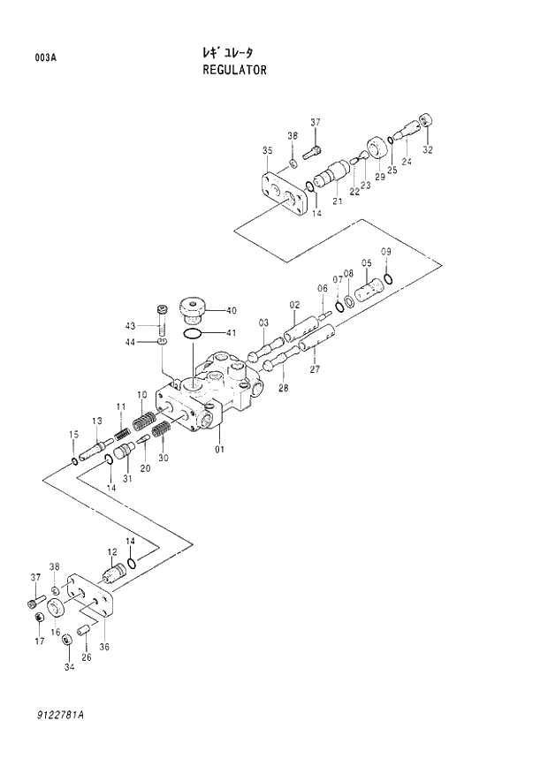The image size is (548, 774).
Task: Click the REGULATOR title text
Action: (x=234, y=70)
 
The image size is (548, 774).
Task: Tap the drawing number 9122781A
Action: (x=67, y=714)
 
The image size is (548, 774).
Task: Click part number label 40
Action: (x=231, y=310)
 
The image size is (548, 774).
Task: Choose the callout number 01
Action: (x=219, y=450)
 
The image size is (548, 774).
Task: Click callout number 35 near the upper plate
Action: (x=267, y=152)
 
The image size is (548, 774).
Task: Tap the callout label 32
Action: (x=428, y=150)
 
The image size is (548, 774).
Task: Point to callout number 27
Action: (x=314, y=370)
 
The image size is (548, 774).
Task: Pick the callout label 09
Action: (x=386, y=253)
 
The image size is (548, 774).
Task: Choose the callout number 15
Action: (x=74, y=434)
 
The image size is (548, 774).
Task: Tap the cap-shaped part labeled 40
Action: (x=192, y=311)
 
